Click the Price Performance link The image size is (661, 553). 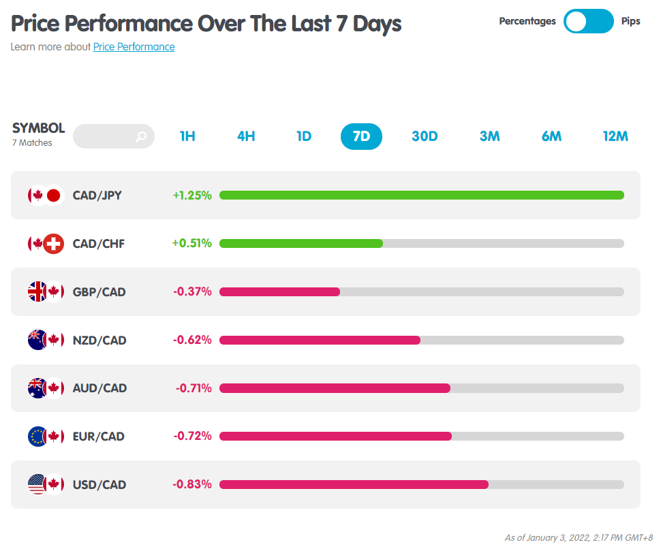[x=134, y=47]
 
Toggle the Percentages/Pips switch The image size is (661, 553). [x=589, y=21]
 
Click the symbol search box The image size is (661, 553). [x=113, y=136]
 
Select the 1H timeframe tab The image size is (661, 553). [x=187, y=136]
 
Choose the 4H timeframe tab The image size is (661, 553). [x=246, y=136]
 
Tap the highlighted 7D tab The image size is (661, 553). [x=361, y=136]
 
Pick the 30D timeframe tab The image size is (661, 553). [x=425, y=136]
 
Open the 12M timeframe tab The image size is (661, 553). [x=615, y=136]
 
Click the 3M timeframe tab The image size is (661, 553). [x=490, y=136]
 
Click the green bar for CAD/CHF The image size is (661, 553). [x=301, y=243]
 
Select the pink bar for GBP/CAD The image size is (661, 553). [x=280, y=292]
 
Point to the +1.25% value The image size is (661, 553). [x=192, y=195]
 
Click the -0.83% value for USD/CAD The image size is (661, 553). [x=192, y=484]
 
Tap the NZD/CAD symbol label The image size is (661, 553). [x=99, y=341]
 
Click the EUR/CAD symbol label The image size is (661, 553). [x=99, y=437]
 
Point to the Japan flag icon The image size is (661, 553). [x=54, y=195]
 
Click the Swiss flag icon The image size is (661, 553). [x=54, y=243]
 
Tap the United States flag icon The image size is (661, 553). [x=37, y=484]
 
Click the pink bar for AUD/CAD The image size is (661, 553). [x=335, y=388]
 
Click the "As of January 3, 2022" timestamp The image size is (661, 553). [x=579, y=538]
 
